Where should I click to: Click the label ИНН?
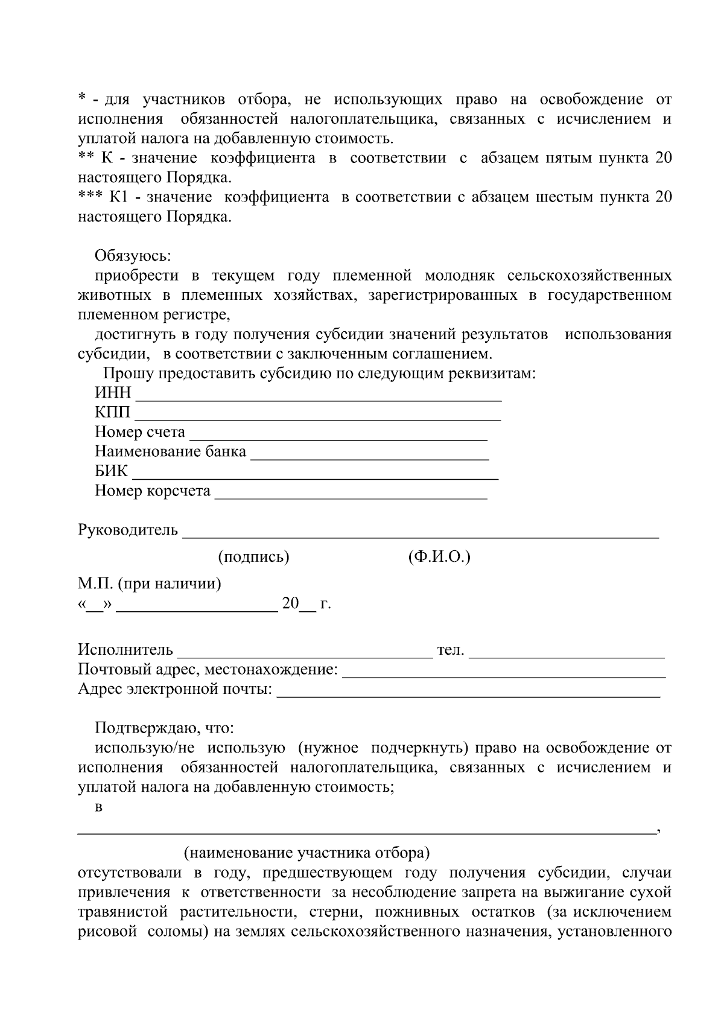click(113, 393)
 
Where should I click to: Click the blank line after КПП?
click(317, 418)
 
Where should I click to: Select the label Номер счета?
click(140, 432)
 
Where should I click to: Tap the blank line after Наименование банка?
click(369, 457)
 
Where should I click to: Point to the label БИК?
click(112, 471)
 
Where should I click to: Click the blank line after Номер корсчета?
click(351, 497)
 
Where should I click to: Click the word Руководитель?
click(128, 530)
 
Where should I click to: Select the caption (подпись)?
click(253, 557)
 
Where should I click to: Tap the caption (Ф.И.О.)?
click(439, 557)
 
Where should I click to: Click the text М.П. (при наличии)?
click(150, 584)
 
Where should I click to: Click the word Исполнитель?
click(125, 650)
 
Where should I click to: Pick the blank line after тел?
click(567, 655)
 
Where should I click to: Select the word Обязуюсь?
click(133, 256)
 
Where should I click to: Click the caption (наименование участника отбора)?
click(307, 853)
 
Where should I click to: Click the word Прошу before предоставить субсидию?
click(128, 374)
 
